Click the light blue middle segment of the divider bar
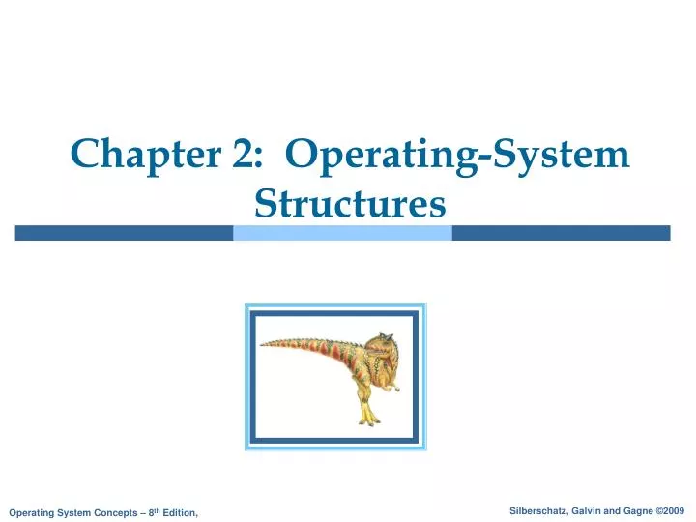pyautogui.click(x=342, y=233)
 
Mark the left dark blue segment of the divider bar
pyautogui.click(x=124, y=233)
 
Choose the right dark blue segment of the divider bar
pyautogui.click(x=561, y=233)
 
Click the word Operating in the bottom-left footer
pyautogui.click(x=32, y=512)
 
